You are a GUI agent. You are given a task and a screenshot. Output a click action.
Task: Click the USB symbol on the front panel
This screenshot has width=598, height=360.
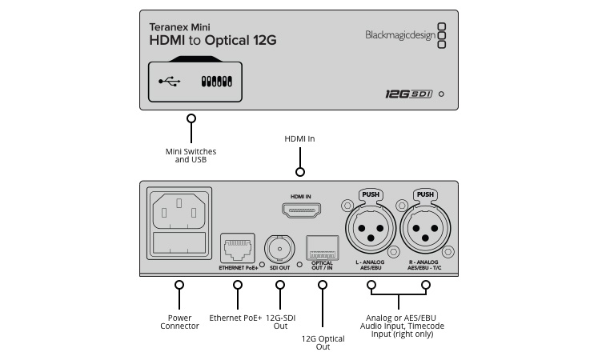[x=170, y=81]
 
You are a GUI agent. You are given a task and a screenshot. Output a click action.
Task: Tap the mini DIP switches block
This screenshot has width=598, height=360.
[x=217, y=81]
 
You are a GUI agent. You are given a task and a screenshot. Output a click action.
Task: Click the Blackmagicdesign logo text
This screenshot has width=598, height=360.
[x=399, y=34]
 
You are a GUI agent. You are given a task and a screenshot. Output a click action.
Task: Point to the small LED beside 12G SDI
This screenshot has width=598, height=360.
[x=441, y=94]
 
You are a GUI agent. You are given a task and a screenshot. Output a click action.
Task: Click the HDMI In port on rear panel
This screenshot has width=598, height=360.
[x=300, y=210]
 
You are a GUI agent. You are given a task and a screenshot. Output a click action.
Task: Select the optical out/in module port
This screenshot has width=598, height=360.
[x=322, y=246]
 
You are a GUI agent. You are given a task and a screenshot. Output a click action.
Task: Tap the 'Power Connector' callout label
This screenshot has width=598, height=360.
[x=179, y=322]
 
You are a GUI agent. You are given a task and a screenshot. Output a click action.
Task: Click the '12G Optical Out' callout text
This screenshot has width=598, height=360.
[x=323, y=342]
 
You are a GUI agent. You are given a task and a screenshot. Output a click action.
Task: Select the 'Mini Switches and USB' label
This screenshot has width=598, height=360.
[x=191, y=155]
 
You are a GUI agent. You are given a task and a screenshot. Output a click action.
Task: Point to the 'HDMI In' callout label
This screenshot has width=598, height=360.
[x=300, y=138]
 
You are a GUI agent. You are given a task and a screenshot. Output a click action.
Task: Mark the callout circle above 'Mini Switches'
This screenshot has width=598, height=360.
[x=191, y=118]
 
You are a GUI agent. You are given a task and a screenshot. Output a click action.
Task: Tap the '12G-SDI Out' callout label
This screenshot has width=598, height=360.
[x=280, y=322]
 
